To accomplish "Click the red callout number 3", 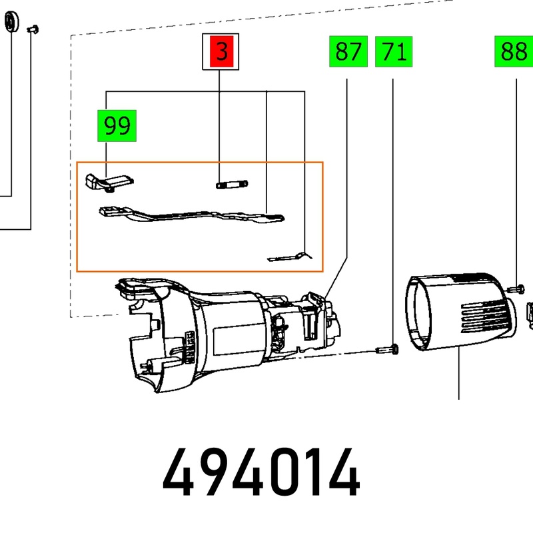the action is [x=221, y=51].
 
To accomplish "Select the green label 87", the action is [x=348, y=51].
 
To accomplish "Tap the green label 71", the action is [x=394, y=52].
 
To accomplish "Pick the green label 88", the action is [x=514, y=51].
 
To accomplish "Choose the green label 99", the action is [x=117, y=125].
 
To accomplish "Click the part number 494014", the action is [x=261, y=472].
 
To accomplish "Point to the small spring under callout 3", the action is [x=232, y=185].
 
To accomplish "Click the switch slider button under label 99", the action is [x=109, y=183].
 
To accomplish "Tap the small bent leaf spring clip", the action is [x=290, y=257].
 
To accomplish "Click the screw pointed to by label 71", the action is [x=388, y=349].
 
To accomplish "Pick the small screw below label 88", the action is [x=516, y=289].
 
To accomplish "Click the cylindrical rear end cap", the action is [x=460, y=311].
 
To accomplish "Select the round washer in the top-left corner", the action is [x=11, y=22].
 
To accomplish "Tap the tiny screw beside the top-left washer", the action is [x=33, y=29].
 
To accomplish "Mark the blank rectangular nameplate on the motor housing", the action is [x=239, y=340].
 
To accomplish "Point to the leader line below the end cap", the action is [x=459, y=373].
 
